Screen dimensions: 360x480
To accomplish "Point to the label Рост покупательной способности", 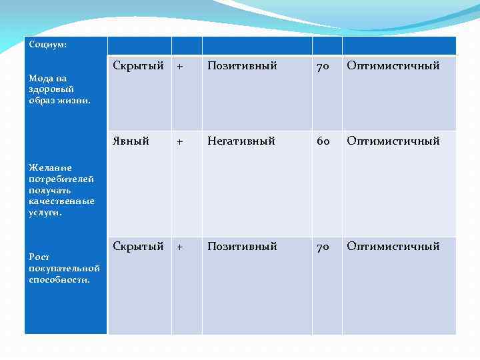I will click(64, 268).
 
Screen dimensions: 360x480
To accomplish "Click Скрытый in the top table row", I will click(138, 66).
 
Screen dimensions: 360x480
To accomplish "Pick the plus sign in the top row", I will click(179, 67).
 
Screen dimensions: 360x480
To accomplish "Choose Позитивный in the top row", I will click(242, 66).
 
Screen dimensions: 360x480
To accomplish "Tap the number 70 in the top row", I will click(323, 67).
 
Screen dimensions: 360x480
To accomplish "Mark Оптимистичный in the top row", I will click(393, 66).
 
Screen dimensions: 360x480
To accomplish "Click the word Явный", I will click(131, 141).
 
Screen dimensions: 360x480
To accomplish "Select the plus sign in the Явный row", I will click(179, 141).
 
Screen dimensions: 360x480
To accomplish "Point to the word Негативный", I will click(241, 141).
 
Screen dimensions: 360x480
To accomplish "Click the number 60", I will click(323, 141).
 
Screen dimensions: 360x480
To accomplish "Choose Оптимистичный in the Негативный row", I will click(393, 141).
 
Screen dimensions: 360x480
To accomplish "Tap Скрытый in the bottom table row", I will click(138, 247).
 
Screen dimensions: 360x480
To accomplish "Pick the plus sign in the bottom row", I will click(179, 247).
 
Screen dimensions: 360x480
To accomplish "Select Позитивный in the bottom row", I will click(242, 247).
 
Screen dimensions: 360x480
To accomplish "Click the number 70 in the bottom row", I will click(323, 247).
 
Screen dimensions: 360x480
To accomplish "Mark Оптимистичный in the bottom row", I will click(393, 247).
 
